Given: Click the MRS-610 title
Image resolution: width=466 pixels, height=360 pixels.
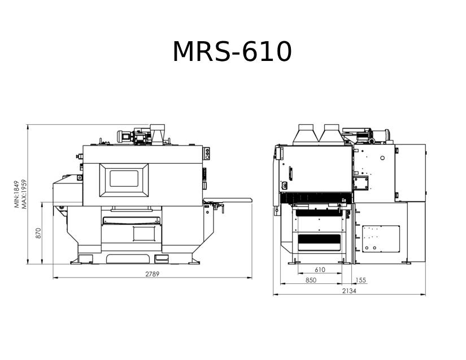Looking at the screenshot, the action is [232, 51].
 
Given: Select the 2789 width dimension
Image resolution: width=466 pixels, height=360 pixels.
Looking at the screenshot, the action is [152, 274].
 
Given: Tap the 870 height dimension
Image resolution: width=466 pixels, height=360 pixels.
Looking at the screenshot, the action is [38, 233].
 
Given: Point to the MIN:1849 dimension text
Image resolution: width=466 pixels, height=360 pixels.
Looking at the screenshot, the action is [16, 194].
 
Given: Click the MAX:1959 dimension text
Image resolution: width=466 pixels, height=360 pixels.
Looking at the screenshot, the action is [24, 194].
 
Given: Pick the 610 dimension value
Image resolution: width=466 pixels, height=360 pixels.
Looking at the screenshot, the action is [320, 270].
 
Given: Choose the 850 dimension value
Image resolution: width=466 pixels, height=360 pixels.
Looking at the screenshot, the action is [311, 280].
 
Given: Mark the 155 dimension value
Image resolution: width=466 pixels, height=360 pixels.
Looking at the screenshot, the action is [360, 280].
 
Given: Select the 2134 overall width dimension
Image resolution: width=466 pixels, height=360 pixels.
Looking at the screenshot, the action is [349, 291].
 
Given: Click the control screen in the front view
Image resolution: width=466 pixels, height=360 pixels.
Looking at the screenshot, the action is [124, 179].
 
